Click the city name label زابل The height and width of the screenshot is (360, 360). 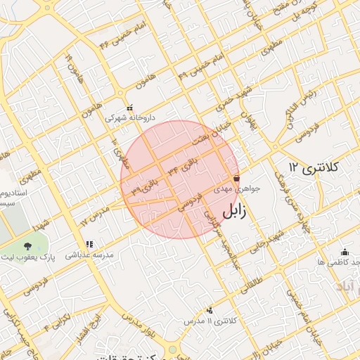(234, 212)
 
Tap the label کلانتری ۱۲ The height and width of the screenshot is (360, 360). (314, 167)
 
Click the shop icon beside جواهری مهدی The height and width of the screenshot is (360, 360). (236, 179)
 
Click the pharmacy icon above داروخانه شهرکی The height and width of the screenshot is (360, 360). (120, 108)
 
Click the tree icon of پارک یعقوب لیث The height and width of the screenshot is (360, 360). (27, 245)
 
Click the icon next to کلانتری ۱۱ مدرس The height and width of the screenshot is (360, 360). (210, 310)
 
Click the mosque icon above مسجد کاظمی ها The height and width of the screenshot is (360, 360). (345, 252)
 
